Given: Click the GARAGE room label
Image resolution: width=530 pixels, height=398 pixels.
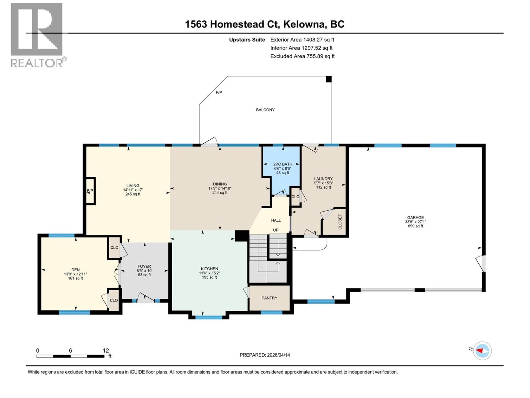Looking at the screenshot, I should pos(415,218).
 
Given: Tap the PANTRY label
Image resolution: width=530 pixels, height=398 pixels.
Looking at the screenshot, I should pos(269,298).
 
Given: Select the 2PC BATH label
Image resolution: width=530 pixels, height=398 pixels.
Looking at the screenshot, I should pos(283,164).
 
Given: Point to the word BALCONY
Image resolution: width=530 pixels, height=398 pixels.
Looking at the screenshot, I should pos(265,110).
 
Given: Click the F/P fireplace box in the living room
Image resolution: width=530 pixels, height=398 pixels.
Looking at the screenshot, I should pos(90,191).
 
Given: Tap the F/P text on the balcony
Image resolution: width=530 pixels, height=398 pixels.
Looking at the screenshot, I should pos(219,93).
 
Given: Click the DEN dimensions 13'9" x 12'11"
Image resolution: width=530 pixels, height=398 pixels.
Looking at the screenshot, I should pos(76,274).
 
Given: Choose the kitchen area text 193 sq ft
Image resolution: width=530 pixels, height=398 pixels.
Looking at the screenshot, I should pos(209,277).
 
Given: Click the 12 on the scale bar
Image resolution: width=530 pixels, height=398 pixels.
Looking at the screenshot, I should pos(106,351).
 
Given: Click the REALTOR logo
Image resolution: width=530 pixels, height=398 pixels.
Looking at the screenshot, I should pos(37,35).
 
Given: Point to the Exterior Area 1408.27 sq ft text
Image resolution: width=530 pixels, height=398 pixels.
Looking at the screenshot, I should pos(302,39).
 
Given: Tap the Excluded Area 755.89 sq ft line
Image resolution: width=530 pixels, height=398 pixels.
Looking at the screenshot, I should pos(302,56).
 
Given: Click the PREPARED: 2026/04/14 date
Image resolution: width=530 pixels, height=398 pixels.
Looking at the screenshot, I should pos(265,355).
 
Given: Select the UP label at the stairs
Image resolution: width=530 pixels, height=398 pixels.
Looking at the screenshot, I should pos(276,230).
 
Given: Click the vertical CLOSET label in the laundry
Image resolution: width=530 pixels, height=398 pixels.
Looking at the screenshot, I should pos(340,222).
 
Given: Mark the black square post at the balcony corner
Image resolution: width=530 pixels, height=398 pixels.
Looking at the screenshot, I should pos(329,79).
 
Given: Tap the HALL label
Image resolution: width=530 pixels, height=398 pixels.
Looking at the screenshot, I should pos(276,220).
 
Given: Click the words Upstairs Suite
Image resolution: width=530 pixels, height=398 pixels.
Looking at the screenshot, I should pos(247,39).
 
